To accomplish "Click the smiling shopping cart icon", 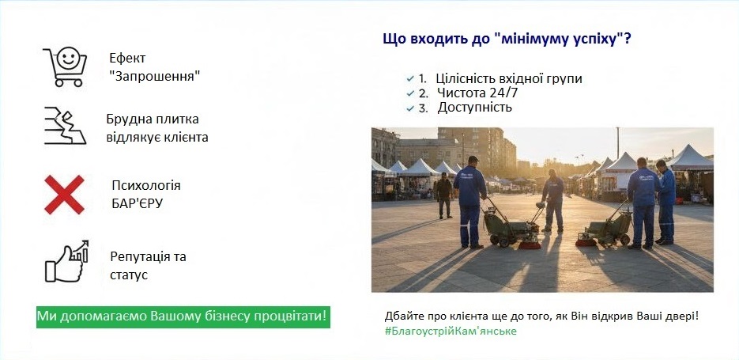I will pos(64,66).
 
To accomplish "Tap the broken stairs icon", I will pos(64,126).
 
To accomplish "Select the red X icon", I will pos(65,194).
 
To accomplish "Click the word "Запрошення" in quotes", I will pos(154,75).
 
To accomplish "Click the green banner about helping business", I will pos(183,316).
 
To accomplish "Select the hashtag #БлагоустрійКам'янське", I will pos(451,331).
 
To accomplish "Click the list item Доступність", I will pos(475,107).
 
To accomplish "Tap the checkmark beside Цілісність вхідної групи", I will pos(409,79).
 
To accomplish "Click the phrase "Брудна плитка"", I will pos(153,119).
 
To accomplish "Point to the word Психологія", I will pos(146,186).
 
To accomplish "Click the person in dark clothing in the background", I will pos(444,194).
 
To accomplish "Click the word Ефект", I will pos(127,59).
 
